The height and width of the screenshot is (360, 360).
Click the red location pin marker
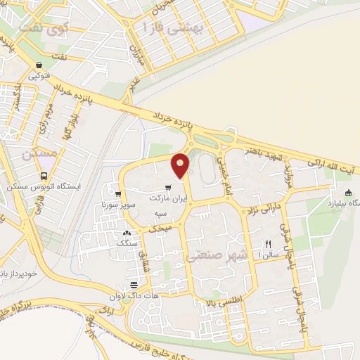tap(181, 166)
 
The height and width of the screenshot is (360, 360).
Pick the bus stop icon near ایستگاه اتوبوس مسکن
tap(44, 176)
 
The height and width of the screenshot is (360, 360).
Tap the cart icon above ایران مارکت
tap(167, 188)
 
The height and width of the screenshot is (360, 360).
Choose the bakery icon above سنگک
tap(127, 233)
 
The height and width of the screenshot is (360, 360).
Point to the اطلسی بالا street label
tap(219, 302)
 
